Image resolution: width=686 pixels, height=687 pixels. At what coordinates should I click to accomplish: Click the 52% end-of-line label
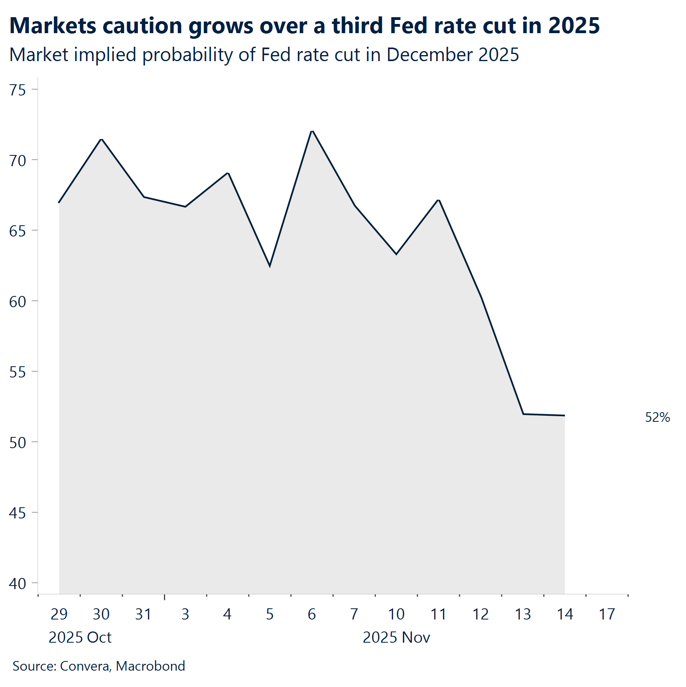(657, 417)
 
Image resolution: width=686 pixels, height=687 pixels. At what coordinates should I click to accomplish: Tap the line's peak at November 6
(312, 131)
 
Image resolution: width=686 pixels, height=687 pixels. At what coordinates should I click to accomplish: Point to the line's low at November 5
(270, 266)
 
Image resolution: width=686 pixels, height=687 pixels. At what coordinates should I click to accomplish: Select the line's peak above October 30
(102, 139)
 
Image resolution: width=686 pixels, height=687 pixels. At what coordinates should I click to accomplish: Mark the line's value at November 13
(523, 414)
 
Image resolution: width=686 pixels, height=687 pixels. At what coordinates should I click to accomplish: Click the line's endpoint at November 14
(564, 416)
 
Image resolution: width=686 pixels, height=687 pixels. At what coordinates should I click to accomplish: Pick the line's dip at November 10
(396, 254)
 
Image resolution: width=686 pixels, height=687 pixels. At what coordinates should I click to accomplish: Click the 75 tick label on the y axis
(18, 90)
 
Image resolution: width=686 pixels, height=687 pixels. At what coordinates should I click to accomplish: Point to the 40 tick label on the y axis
(18, 584)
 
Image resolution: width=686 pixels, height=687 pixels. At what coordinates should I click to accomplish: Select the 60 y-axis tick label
(18, 302)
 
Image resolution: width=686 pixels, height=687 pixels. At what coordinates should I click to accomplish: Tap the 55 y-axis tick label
(18, 372)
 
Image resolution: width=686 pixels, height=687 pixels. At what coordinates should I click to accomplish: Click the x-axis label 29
(59, 614)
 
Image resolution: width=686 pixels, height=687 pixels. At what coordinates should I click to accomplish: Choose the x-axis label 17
(607, 614)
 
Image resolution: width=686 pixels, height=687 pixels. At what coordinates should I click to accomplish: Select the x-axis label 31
(143, 614)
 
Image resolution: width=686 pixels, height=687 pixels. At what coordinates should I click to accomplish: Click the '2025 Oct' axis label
(80, 637)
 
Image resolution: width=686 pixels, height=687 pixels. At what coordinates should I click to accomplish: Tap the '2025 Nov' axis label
(396, 637)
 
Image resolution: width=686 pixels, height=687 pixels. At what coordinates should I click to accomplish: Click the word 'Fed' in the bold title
(409, 26)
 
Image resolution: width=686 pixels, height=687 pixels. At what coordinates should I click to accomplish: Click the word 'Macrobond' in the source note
(150, 666)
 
